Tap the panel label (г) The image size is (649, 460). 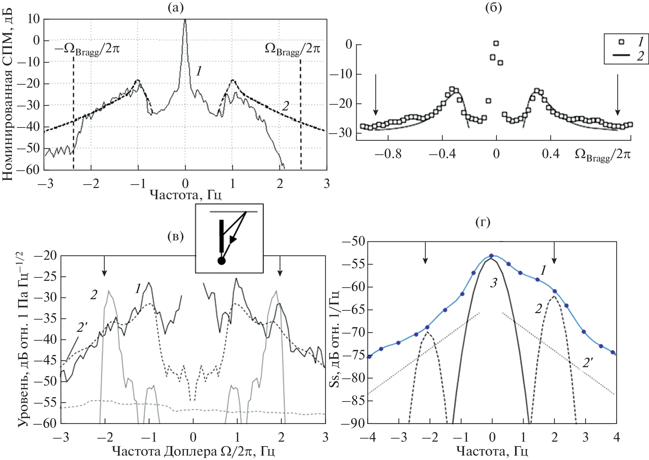pyautogui.click(x=482, y=222)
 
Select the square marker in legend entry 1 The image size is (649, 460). pyautogui.click(x=621, y=42)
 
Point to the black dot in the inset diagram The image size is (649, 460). pyautogui.click(x=221, y=261)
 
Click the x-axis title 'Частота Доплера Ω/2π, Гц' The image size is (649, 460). pyautogui.click(x=193, y=452)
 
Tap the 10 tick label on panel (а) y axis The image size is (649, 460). pyautogui.click(x=33, y=19)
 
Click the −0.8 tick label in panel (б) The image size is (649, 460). pyautogui.click(x=388, y=154)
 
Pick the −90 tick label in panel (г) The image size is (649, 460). pyautogui.click(x=353, y=423)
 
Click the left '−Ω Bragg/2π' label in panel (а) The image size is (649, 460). pyautogui.click(x=87, y=50)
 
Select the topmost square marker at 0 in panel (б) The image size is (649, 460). pyautogui.click(x=496, y=43)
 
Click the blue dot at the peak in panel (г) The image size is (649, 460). pyautogui.click(x=491, y=256)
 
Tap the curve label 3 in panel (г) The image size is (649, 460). pyautogui.click(x=494, y=283)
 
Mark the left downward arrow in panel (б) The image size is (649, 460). pyautogui.click(x=375, y=95)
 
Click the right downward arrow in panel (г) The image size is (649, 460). pyautogui.click(x=554, y=253)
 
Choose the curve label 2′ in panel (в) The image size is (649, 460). pyautogui.click(x=82, y=327)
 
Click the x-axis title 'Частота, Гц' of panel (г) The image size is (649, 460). pyautogui.click(x=492, y=452)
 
